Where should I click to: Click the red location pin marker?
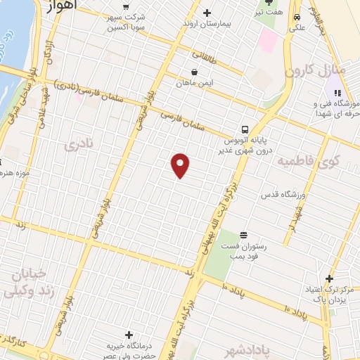181,165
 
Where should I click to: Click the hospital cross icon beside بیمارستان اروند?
207,13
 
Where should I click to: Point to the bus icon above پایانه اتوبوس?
245,129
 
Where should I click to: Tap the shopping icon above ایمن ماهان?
194,71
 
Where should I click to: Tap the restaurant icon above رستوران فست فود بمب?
243,234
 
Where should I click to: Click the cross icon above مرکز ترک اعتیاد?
329,278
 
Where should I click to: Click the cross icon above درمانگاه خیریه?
128,335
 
